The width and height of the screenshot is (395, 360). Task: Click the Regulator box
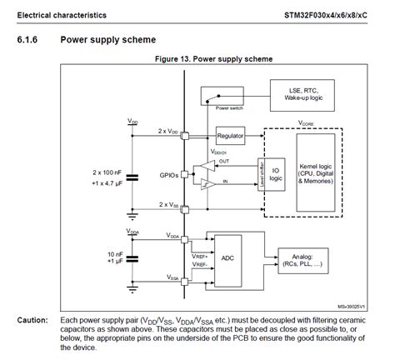(x=231, y=135)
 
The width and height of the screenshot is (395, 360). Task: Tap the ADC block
(x=227, y=258)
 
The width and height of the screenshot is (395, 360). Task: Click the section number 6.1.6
(x=29, y=39)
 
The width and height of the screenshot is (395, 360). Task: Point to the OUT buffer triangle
(x=202, y=167)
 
